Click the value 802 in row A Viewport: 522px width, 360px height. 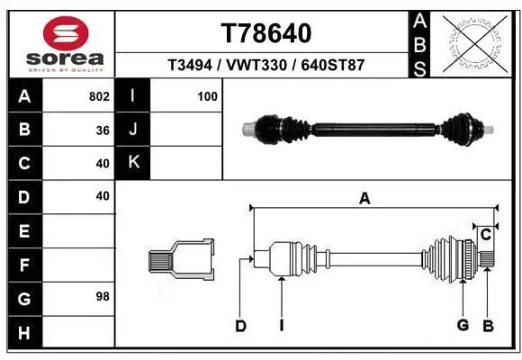coord(99,96)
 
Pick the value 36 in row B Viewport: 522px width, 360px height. coord(103,130)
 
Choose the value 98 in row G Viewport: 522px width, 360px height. coord(103,296)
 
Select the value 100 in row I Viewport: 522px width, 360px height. coord(207,96)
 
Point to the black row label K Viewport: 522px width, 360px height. coord(132,163)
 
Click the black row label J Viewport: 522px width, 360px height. coord(132,130)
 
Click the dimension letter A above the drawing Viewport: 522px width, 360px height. coord(364,200)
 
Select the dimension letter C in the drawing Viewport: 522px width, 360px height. coord(485,235)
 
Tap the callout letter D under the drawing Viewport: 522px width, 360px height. coord(240,326)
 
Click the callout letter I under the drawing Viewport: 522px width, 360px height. coord(282,326)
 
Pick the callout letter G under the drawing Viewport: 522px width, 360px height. coord(463,326)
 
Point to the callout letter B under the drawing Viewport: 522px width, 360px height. coord(489,326)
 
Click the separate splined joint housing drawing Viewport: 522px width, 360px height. coord(181,260)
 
